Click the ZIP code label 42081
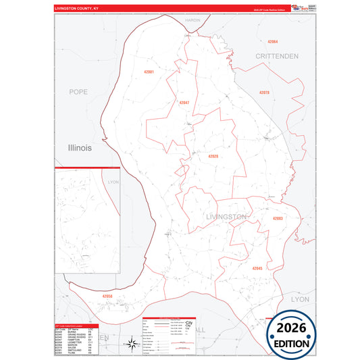149,72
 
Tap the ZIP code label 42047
184,103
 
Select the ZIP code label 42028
213,157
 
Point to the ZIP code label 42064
272,43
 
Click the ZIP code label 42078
264,92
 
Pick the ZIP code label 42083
278,219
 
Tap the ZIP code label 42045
257,268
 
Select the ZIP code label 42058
108,296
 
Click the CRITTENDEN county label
276,56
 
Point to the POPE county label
79,91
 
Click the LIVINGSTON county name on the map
225,217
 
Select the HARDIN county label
192,21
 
